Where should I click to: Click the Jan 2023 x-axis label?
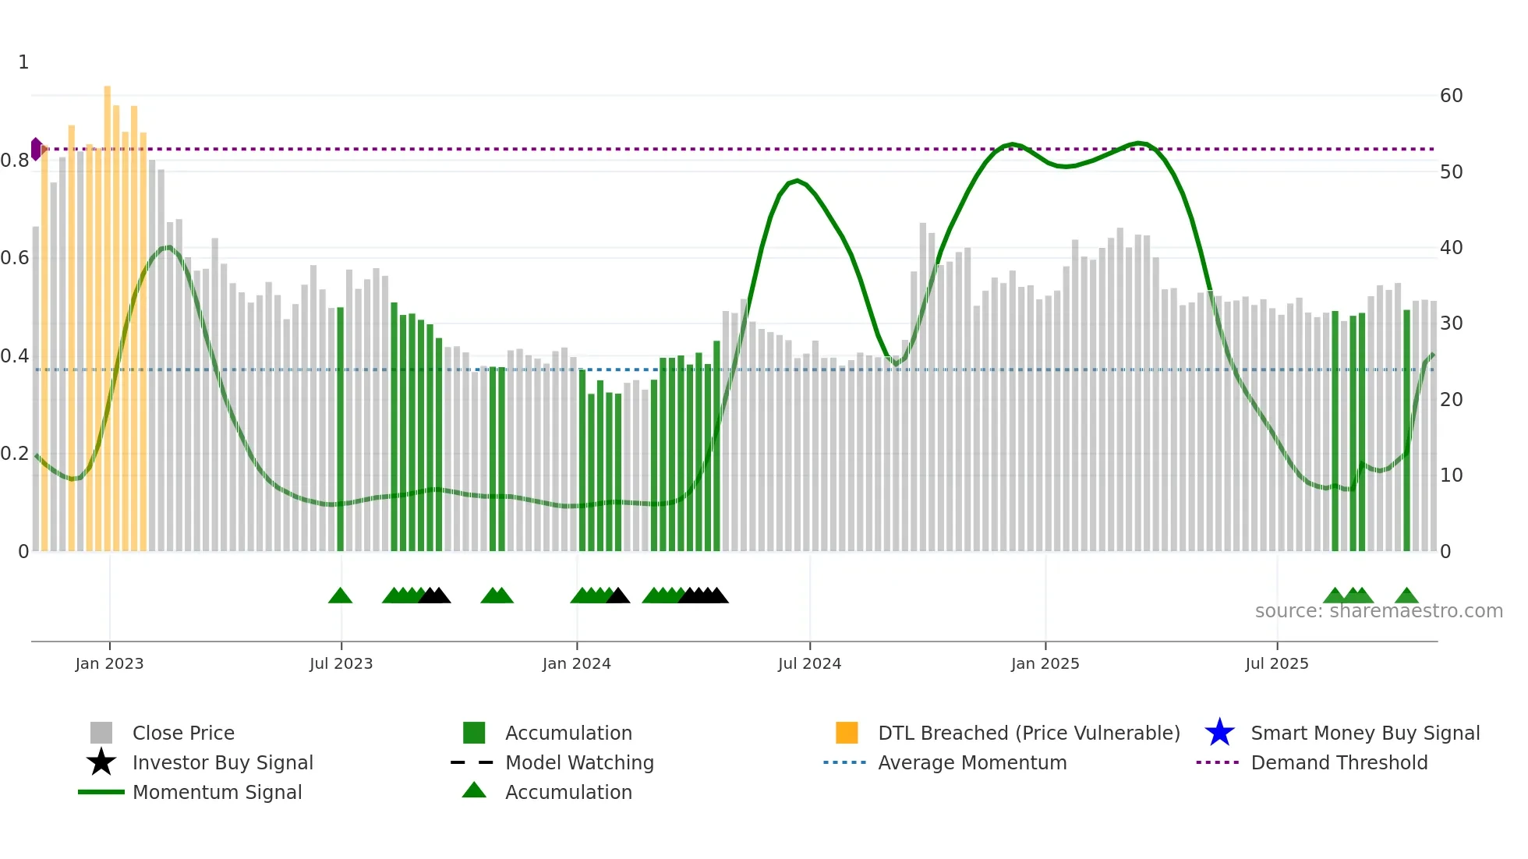pyautogui.click(x=109, y=663)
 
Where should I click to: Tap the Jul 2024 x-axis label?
pyautogui.click(x=809, y=663)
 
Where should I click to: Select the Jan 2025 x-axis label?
pyautogui.click(x=1045, y=663)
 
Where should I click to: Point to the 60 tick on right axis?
pyautogui.click(x=1451, y=96)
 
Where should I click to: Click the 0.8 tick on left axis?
pyautogui.click(x=15, y=161)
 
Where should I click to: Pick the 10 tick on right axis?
pyautogui.click(x=1451, y=475)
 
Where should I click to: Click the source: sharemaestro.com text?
pyautogui.click(x=1378, y=611)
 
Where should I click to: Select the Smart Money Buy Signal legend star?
pyautogui.click(x=1219, y=733)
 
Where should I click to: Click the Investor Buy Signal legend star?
pyautogui.click(x=101, y=762)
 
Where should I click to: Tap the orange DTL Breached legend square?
pyautogui.click(x=847, y=733)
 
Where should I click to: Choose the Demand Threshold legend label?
pyautogui.click(x=1339, y=762)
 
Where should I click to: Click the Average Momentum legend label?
pyautogui.click(x=972, y=762)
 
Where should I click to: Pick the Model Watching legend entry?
pyautogui.click(x=579, y=762)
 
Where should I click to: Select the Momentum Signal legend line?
pyautogui.click(x=101, y=792)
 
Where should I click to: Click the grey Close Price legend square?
pyautogui.click(x=101, y=733)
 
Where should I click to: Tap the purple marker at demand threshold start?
pyautogui.click(x=36, y=149)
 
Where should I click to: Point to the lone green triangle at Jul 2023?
pyautogui.click(x=340, y=596)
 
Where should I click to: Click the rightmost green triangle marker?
pyautogui.click(x=1406, y=596)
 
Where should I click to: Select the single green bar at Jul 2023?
pyautogui.click(x=340, y=429)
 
